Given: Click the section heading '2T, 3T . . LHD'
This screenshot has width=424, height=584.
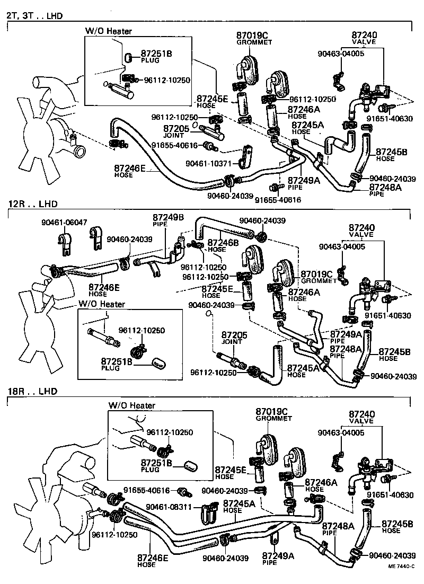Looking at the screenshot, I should (34, 16).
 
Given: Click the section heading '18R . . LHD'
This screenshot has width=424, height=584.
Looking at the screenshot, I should (32, 392).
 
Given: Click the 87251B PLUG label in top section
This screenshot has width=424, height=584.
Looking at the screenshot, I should (156, 56).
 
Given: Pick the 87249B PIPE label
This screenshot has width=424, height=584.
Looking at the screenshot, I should (169, 220).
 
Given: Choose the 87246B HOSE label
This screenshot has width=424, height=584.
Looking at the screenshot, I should (222, 245).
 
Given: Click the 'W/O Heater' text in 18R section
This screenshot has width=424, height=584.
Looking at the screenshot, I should (132, 405).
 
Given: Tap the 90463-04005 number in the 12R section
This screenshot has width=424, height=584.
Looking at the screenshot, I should (342, 246).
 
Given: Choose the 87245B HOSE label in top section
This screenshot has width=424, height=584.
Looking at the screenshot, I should (391, 155).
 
